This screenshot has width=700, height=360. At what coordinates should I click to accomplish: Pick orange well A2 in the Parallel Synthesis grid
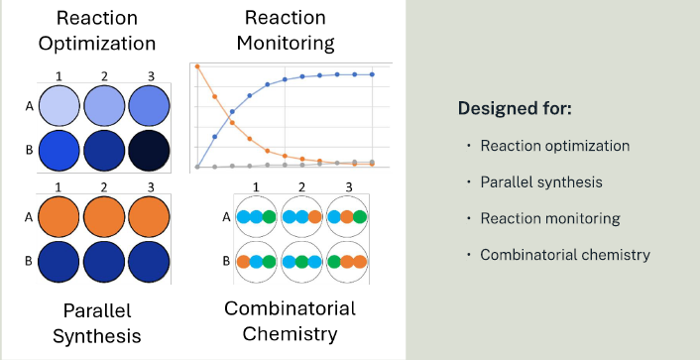pos(104,215)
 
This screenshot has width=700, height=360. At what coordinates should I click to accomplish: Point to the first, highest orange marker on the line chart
pos(197,66)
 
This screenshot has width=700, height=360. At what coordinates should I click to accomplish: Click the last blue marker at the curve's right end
pos(372,74)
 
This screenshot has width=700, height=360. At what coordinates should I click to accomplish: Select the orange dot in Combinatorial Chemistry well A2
pos(314,217)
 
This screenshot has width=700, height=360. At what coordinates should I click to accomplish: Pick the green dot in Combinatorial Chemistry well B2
pos(301,262)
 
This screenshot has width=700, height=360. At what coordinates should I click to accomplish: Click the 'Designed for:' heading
pos(515,108)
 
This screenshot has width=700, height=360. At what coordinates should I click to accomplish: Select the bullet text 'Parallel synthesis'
pos(541,181)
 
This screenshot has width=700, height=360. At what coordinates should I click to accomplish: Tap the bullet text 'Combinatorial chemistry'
pos(565,255)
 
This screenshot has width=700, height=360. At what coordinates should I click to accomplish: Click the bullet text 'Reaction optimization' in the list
pos(554,146)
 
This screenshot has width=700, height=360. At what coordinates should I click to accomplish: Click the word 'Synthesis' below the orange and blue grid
pos(97,336)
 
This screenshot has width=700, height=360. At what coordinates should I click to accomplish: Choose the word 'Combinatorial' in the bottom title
pos(290,308)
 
